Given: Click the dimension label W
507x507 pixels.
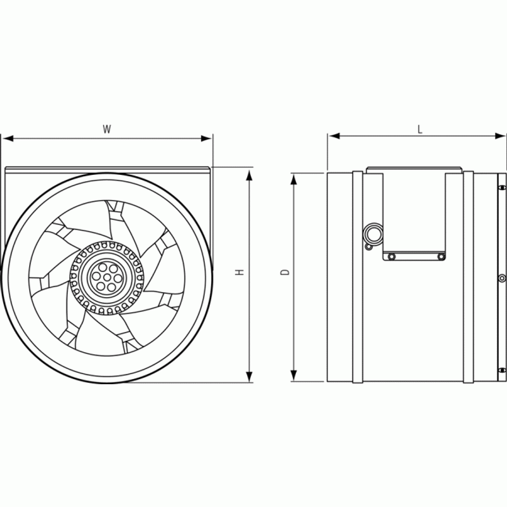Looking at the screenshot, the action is (106, 129).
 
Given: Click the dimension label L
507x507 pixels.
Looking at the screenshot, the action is (420, 129).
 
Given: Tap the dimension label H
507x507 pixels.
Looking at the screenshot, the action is (240, 273).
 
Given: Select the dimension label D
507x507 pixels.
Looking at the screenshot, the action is (285, 273).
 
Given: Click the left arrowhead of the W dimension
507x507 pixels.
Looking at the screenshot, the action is (8, 138).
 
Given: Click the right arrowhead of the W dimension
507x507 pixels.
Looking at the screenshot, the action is (206, 138).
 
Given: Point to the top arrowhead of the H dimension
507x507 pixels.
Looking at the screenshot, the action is (249, 175).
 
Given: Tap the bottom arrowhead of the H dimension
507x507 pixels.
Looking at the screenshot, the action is (249, 376).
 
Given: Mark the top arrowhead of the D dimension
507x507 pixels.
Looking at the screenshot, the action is (293, 179).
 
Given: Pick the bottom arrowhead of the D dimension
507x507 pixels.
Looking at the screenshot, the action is (293, 375).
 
